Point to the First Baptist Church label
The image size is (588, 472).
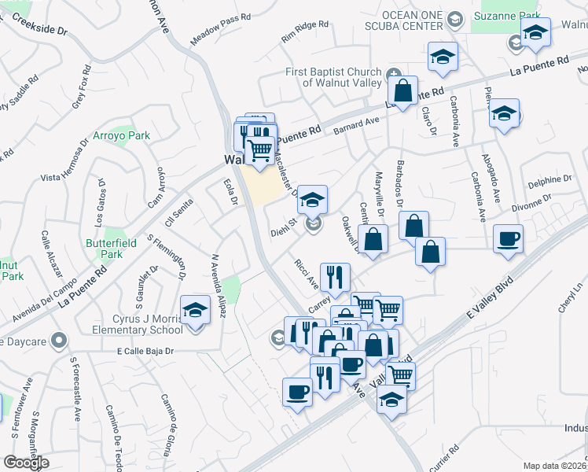click(x=333, y=77)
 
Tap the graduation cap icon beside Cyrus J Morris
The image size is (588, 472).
click(x=194, y=311)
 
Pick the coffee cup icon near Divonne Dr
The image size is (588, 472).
click(x=509, y=238)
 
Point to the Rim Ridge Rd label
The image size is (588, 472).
click(x=305, y=31)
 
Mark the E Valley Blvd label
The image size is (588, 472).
click(x=488, y=297)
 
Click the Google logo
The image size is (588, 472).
click(x=27, y=463)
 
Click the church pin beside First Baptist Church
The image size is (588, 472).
click(x=392, y=73)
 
